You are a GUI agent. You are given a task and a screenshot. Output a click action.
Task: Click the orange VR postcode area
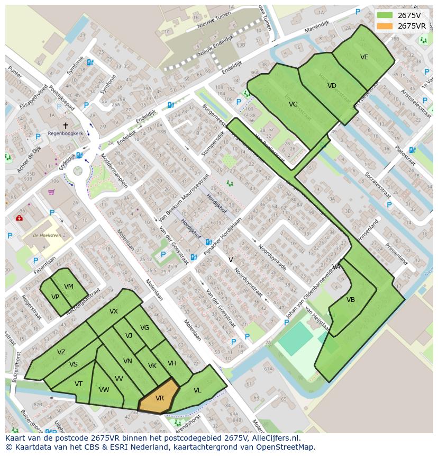(159, 398)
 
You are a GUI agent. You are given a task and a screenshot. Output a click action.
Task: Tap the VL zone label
(197, 390)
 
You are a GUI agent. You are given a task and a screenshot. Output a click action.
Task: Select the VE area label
(364, 57)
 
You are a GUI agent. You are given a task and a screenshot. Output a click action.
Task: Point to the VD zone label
(332, 86)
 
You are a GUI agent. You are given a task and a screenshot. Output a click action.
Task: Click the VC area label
(293, 104)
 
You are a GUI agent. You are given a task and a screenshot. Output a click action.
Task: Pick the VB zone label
(351, 300)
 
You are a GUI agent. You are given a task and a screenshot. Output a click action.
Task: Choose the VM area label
(69, 287)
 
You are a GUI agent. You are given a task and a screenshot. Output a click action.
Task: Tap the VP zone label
(55, 297)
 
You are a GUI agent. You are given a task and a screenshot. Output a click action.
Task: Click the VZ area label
(61, 352)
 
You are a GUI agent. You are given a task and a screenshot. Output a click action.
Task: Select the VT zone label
(78, 384)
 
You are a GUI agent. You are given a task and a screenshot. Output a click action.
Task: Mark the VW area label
(104, 390)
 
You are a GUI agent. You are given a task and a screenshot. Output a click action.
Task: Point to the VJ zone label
(129, 335)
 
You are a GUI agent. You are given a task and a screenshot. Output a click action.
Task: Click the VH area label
(172, 363)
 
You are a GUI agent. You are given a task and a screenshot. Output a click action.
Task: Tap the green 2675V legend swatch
(385, 15)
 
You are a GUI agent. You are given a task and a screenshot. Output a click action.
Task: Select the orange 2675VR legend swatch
(385, 26)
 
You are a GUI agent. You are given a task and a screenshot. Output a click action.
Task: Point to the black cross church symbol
(66, 126)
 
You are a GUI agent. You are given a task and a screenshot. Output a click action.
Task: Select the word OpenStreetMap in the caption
(286, 447)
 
